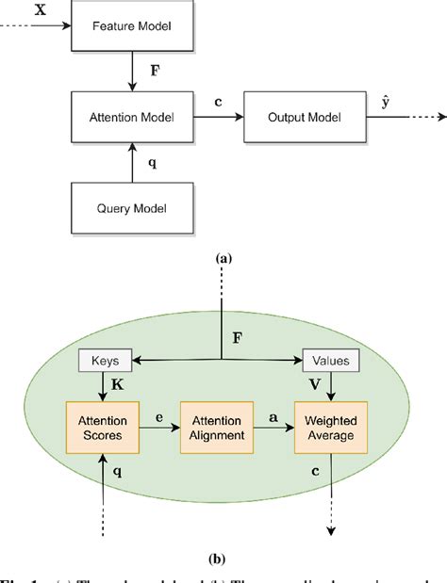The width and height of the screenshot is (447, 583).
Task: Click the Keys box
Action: click(106, 359)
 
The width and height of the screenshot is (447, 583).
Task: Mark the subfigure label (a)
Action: click(223, 256)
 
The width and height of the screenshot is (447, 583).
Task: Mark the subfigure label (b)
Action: click(223, 558)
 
